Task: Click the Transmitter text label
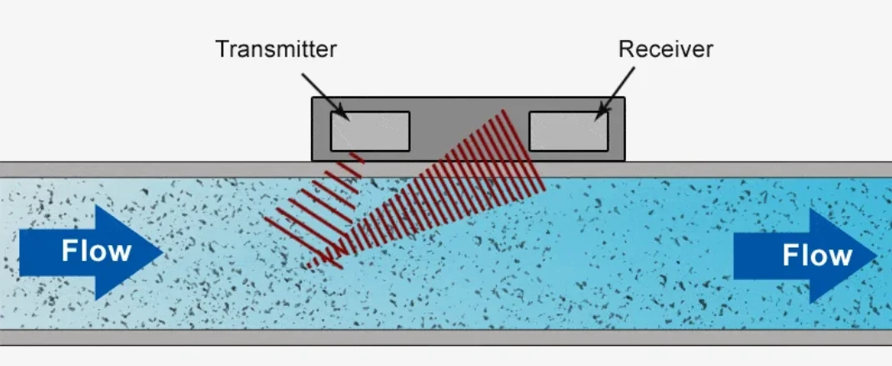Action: (276, 49)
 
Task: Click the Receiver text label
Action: (665, 49)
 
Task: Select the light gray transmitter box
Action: (370, 132)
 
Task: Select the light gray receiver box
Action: (569, 132)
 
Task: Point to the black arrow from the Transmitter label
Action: (325, 96)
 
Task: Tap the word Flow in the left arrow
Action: (96, 251)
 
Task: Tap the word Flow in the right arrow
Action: (817, 255)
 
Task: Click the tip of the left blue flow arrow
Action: (163, 252)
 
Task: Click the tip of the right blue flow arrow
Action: (877, 256)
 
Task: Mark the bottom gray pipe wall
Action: (446, 337)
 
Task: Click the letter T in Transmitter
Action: (223, 49)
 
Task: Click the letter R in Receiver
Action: (625, 49)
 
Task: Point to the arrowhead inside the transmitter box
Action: (343, 114)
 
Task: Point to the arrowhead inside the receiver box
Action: (599, 114)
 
